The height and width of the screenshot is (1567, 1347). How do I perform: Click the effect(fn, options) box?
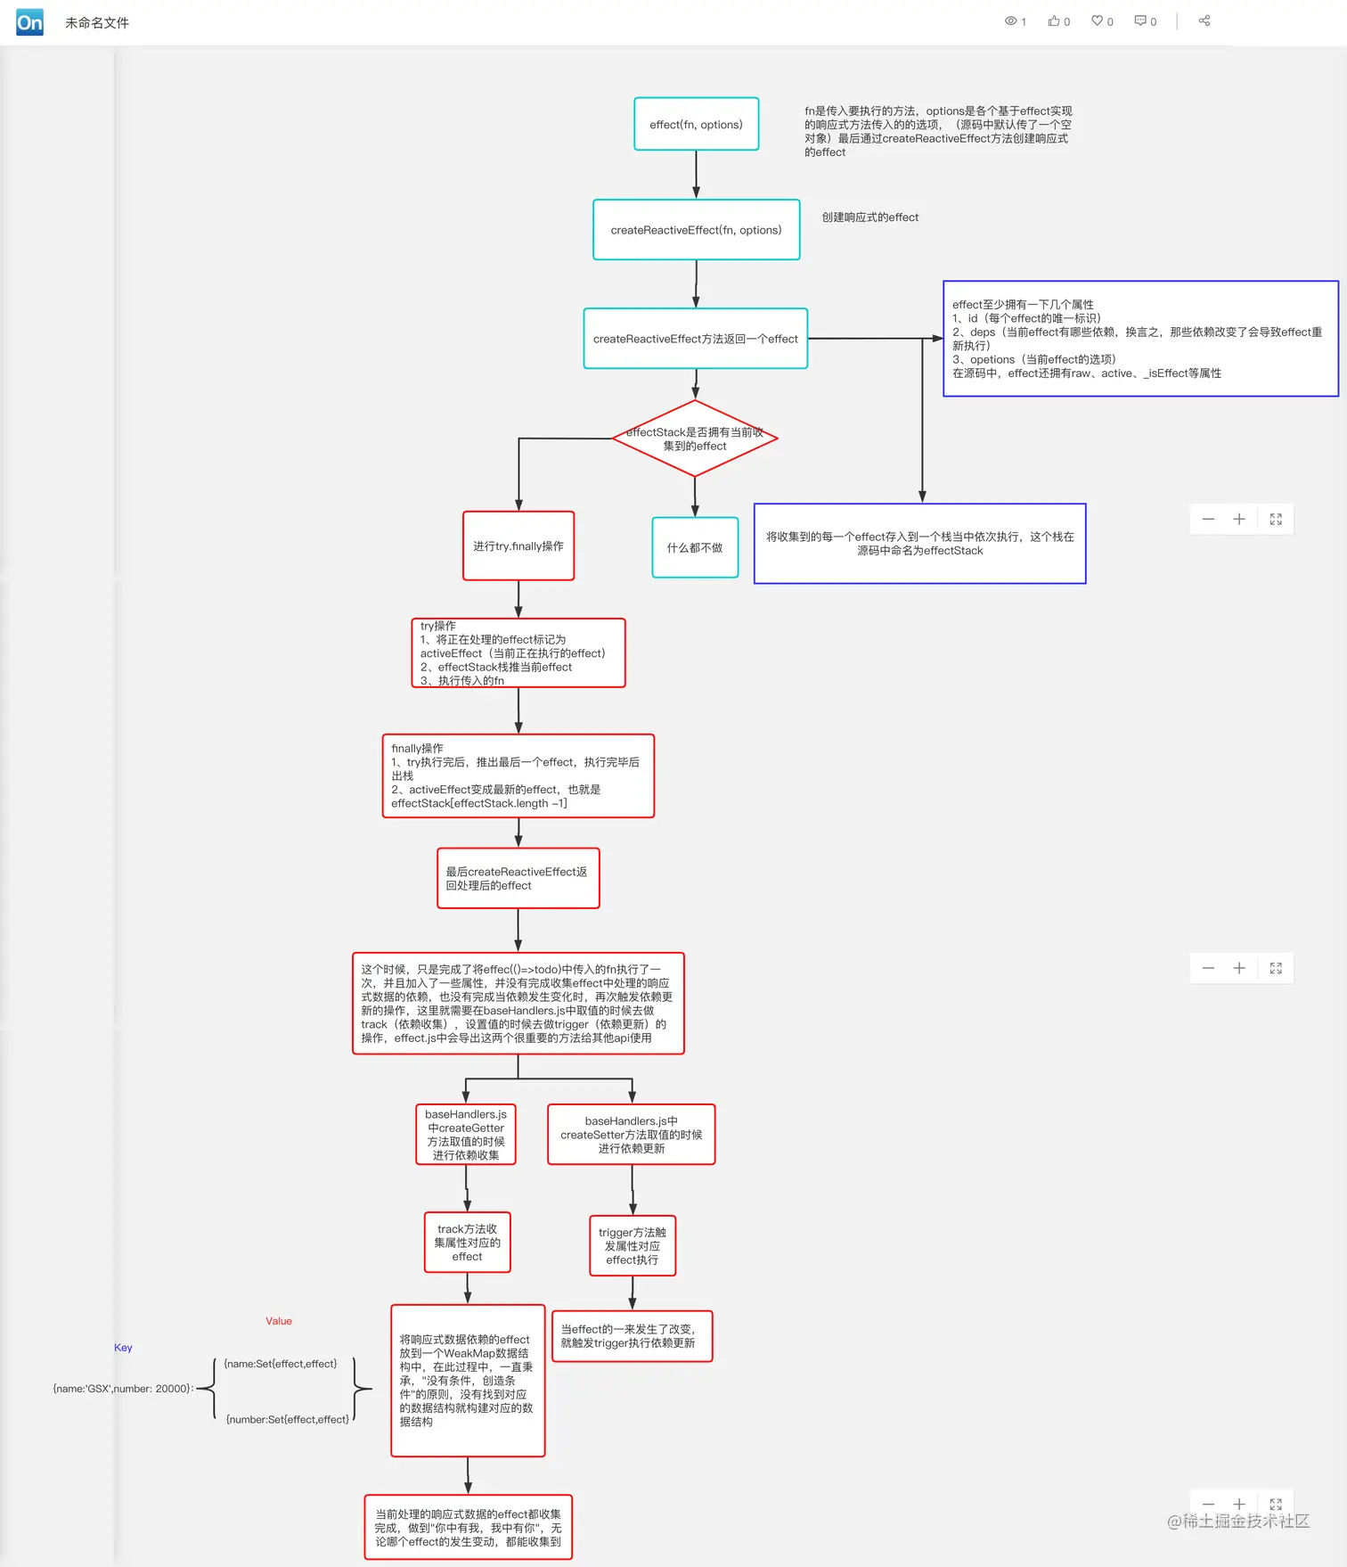pos(696,125)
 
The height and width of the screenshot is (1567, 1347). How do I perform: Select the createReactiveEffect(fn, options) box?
pos(696,230)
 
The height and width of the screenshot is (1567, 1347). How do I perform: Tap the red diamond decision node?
pos(695,439)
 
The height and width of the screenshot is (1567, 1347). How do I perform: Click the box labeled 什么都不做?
pos(695,547)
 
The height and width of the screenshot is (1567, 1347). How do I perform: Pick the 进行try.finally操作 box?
pos(518,546)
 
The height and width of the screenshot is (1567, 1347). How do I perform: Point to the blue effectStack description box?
pos(919,544)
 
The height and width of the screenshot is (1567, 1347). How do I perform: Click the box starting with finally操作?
pos(518,775)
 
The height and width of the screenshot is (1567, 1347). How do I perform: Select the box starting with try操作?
pos(518,653)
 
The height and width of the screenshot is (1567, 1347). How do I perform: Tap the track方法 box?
pos(467,1243)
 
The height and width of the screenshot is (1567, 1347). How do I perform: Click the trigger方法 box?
pos(633,1246)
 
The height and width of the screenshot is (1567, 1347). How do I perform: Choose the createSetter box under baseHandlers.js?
pos(631,1135)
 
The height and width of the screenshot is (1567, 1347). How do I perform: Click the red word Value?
pos(279,1321)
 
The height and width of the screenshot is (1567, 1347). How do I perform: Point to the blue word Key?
pos(123,1348)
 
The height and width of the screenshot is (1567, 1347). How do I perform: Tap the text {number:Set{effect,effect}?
pos(288,1419)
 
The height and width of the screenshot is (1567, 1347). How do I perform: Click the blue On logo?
pos(29,22)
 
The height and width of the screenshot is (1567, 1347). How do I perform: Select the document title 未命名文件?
pos(97,23)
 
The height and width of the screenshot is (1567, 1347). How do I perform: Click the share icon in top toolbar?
pos(1204,21)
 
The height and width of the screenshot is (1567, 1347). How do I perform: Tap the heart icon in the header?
pos(1098,21)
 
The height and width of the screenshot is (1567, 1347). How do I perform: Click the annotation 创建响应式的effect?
pos(869,217)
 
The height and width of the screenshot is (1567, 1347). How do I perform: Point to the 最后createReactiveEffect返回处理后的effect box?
pos(518,878)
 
